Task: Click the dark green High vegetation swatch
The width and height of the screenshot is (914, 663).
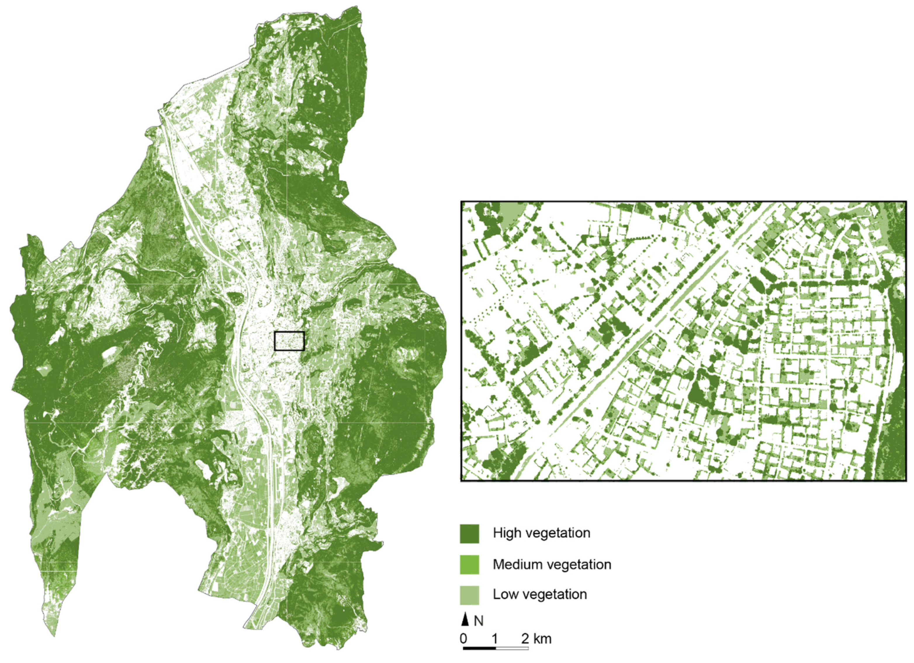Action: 470,534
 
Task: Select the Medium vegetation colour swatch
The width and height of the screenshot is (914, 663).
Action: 470,565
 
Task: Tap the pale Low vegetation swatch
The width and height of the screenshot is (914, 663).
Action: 470,595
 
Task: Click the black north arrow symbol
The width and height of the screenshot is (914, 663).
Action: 465,621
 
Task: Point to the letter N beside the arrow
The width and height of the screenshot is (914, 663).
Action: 479,621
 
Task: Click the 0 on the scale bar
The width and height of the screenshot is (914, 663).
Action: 464,639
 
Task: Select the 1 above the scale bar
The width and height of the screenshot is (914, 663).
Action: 495,639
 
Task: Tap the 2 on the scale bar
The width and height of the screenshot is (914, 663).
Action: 525,639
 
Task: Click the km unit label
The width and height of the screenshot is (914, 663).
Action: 542,639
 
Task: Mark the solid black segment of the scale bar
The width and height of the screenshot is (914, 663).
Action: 479,648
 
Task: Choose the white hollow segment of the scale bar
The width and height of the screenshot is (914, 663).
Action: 512,648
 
